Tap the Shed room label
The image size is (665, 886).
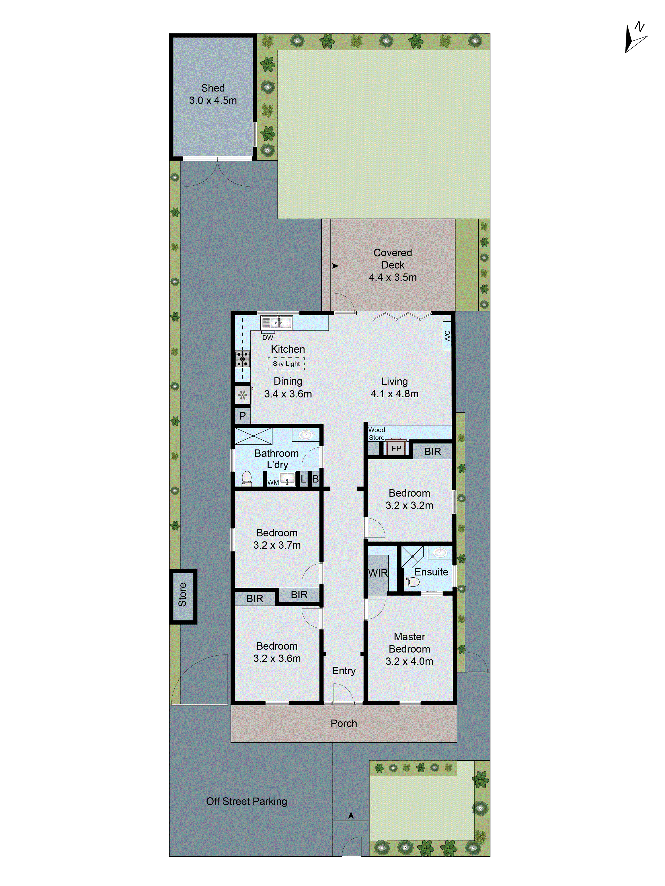tap(213, 88)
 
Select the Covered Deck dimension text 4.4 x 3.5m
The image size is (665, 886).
tap(393, 277)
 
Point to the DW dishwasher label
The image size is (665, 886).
tap(268, 338)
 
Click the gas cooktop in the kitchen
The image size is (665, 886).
tap(242, 359)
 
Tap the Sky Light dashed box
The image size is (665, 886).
tap(286, 364)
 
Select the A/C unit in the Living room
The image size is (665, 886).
tap(447, 336)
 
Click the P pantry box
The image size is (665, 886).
tap(242, 416)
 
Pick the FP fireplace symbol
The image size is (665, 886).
tap(396, 448)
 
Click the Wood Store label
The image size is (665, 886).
tap(376, 433)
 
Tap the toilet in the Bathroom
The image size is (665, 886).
tap(246, 478)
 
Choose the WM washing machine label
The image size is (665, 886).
tap(273, 482)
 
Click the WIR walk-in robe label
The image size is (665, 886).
tap(378, 573)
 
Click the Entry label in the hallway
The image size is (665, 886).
tap(344, 670)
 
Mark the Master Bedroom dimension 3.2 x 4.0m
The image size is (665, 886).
tap(409, 661)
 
